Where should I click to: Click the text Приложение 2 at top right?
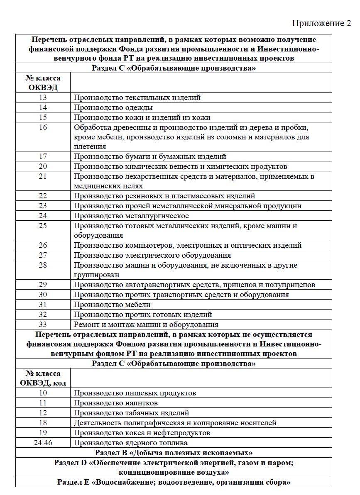point(321,23)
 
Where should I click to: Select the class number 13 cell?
point(43,98)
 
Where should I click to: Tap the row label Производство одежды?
point(113,107)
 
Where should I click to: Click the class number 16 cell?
point(43,127)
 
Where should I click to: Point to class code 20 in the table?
point(43,166)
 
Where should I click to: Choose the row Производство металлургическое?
point(131,216)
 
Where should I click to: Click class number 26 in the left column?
point(43,245)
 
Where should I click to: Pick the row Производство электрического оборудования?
point(152,255)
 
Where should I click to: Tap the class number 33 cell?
point(43,324)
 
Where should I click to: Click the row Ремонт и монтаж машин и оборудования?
point(146,324)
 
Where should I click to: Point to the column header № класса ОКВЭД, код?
point(43,378)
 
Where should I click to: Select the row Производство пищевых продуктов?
point(135,393)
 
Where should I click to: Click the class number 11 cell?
point(43,403)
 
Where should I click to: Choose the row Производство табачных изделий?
point(131,413)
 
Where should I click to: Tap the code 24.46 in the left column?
point(43,443)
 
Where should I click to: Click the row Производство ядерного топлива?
point(130,443)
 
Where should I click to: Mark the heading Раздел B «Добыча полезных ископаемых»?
point(174,452)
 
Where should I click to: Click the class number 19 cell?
point(43,433)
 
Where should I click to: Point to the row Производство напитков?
point(115,403)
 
